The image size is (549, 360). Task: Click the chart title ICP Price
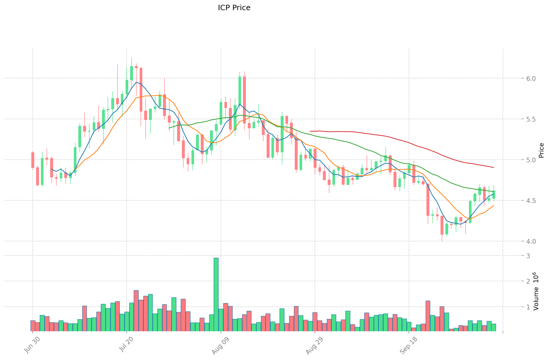point(234,8)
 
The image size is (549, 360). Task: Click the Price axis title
point(541,150)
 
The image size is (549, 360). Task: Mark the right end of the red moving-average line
point(494,167)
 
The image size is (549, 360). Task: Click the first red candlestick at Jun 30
point(33,160)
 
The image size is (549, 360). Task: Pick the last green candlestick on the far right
point(494,194)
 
